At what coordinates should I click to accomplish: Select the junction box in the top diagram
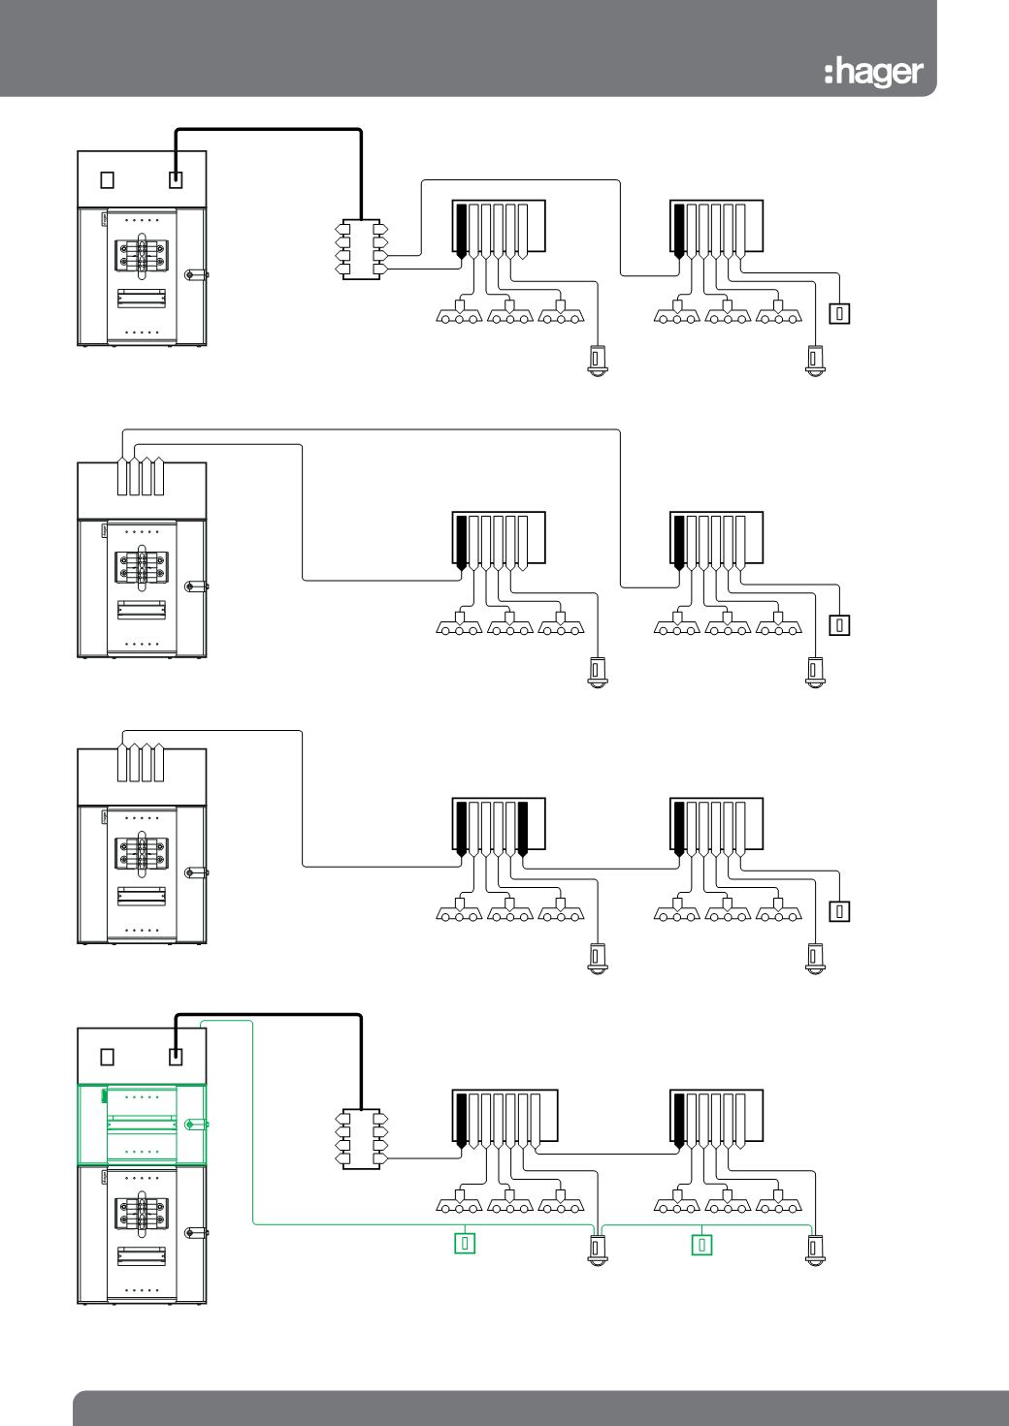tap(361, 251)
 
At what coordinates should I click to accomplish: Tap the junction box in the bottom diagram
tap(361, 1139)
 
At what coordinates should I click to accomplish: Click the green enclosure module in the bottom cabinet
tap(141, 1124)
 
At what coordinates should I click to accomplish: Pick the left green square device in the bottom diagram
tap(465, 1243)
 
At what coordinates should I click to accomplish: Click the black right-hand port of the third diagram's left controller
tap(522, 828)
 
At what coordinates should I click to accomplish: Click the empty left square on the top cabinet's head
tap(108, 179)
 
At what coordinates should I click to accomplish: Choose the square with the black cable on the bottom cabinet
tap(176, 1056)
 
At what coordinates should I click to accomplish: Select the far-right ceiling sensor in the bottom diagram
tap(815, 1249)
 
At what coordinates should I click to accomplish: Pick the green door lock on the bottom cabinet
tap(195, 1125)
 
